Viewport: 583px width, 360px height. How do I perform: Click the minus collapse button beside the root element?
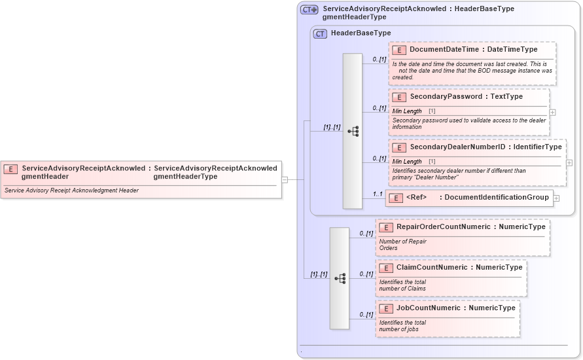pos(285,179)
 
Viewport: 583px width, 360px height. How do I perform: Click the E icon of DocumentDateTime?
pos(399,50)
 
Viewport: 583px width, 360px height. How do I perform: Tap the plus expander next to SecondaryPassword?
pos(553,113)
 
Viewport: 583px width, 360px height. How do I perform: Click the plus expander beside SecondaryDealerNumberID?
pos(569,163)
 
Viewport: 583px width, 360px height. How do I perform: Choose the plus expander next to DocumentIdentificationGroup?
pos(556,198)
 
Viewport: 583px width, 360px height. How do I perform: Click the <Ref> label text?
pos(416,198)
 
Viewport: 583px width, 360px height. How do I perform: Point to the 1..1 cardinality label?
pos(378,194)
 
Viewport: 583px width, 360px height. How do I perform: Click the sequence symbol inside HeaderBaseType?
pos(353,132)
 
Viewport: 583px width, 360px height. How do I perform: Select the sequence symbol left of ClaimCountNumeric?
pos(340,278)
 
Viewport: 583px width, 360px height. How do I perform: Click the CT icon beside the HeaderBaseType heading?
pos(320,33)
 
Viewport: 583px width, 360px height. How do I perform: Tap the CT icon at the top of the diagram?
pos(309,10)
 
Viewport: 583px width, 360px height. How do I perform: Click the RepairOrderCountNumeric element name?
pos(444,227)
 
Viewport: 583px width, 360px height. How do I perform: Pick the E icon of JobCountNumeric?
pos(386,308)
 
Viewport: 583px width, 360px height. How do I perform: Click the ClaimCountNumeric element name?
pos(432,268)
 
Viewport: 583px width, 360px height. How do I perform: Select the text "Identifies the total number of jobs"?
pos(402,325)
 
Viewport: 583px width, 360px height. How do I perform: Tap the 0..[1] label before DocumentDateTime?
pos(379,60)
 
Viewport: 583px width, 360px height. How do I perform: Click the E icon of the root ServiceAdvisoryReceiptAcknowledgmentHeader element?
pos(11,169)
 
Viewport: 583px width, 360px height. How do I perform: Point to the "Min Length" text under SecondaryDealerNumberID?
pos(407,162)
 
